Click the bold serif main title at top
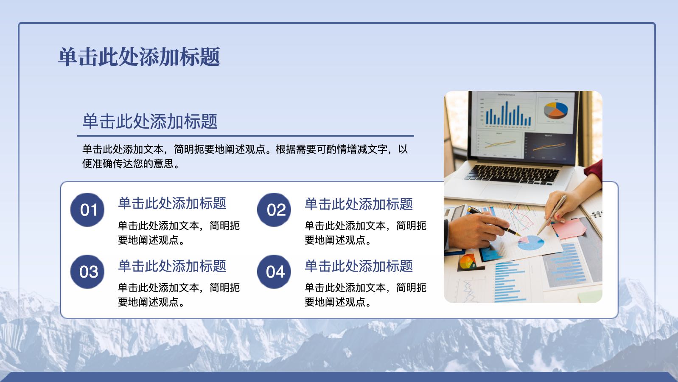tap(139, 57)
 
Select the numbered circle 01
tap(87, 210)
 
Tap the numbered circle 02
tap(274, 210)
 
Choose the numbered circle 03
tap(87, 272)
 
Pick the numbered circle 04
tap(274, 272)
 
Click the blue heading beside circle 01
tap(172, 203)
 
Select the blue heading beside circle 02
tap(359, 204)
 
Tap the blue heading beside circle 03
tap(172, 266)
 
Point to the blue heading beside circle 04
tap(359, 266)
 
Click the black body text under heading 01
tap(179, 233)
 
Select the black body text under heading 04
tap(365, 295)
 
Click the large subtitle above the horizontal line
tap(150, 121)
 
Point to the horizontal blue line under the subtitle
tap(246, 136)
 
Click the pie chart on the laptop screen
tap(556, 110)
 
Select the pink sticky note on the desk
tap(569, 228)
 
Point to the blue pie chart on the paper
tap(530, 243)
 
